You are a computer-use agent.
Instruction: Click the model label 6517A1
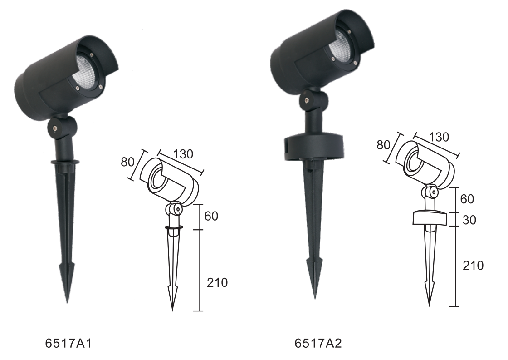68,344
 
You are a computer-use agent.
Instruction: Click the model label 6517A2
318,344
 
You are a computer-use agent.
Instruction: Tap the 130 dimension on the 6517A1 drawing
183,154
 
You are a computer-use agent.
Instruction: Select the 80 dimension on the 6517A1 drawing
127,162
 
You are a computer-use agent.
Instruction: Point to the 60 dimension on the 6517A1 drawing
211,216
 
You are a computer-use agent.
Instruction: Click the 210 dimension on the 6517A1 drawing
217,282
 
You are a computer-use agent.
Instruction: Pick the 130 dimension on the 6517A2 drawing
439,137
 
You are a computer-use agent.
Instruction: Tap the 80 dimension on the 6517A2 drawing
383,145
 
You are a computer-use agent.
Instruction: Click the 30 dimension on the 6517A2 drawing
469,220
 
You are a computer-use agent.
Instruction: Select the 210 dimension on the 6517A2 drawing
473,265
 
